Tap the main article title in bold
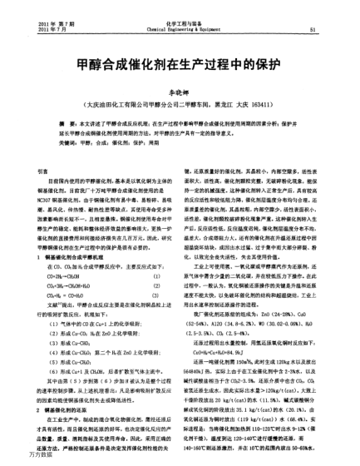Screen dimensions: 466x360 (x=180, y=65)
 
